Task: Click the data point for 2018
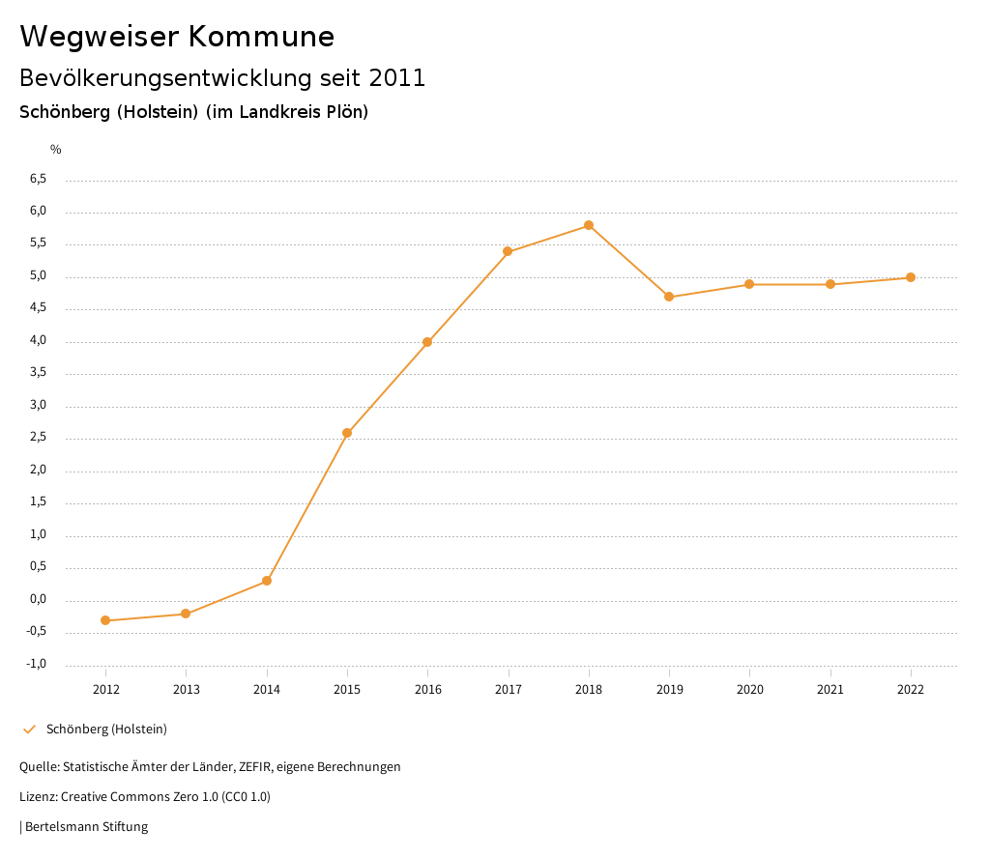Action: click(x=589, y=225)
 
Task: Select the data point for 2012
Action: click(x=105, y=620)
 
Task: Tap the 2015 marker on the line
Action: click(x=347, y=433)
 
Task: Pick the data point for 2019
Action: click(x=669, y=297)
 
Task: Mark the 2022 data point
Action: click(x=911, y=277)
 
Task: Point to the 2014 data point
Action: click(x=267, y=581)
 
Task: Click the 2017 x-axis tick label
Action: click(x=509, y=689)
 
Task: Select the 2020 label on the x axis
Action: click(x=750, y=689)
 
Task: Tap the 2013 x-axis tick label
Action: click(x=187, y=689)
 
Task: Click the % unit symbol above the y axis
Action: click(x=56, y=150)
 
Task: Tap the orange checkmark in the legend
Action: click(x=29, y=729)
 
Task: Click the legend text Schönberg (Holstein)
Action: click(x=106, y=729)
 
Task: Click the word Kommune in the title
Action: click(x=261, y=37)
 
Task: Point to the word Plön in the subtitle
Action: click(x=345, y=112)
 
